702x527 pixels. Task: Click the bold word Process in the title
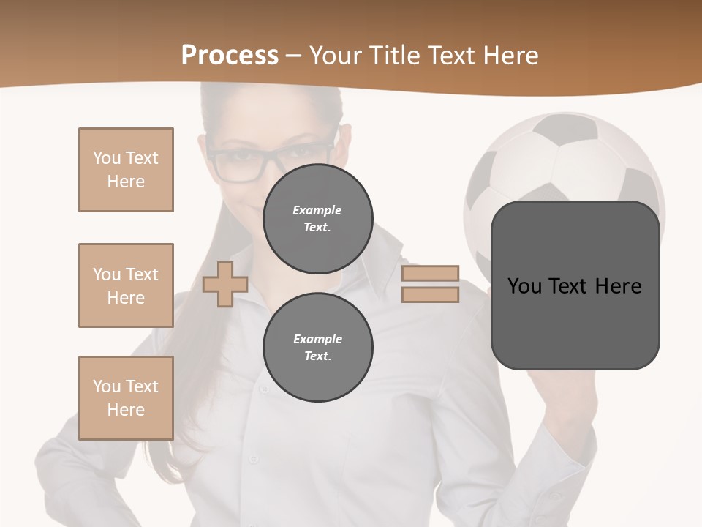tap(230, 56)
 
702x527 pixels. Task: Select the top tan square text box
tap(126, 170)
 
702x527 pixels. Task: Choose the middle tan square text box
tap(126, 285)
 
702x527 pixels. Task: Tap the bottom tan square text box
tap(126, 398)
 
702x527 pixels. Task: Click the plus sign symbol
tap(225, 284)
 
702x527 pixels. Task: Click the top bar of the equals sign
tap(430, 274)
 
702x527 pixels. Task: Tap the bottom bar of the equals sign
tap(430, 294)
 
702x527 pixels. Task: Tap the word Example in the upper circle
tap(317, 210)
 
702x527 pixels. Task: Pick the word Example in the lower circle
tap(317, 339)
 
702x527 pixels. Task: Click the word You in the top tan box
tap(106, 158)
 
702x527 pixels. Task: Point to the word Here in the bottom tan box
tap(126, 410)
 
